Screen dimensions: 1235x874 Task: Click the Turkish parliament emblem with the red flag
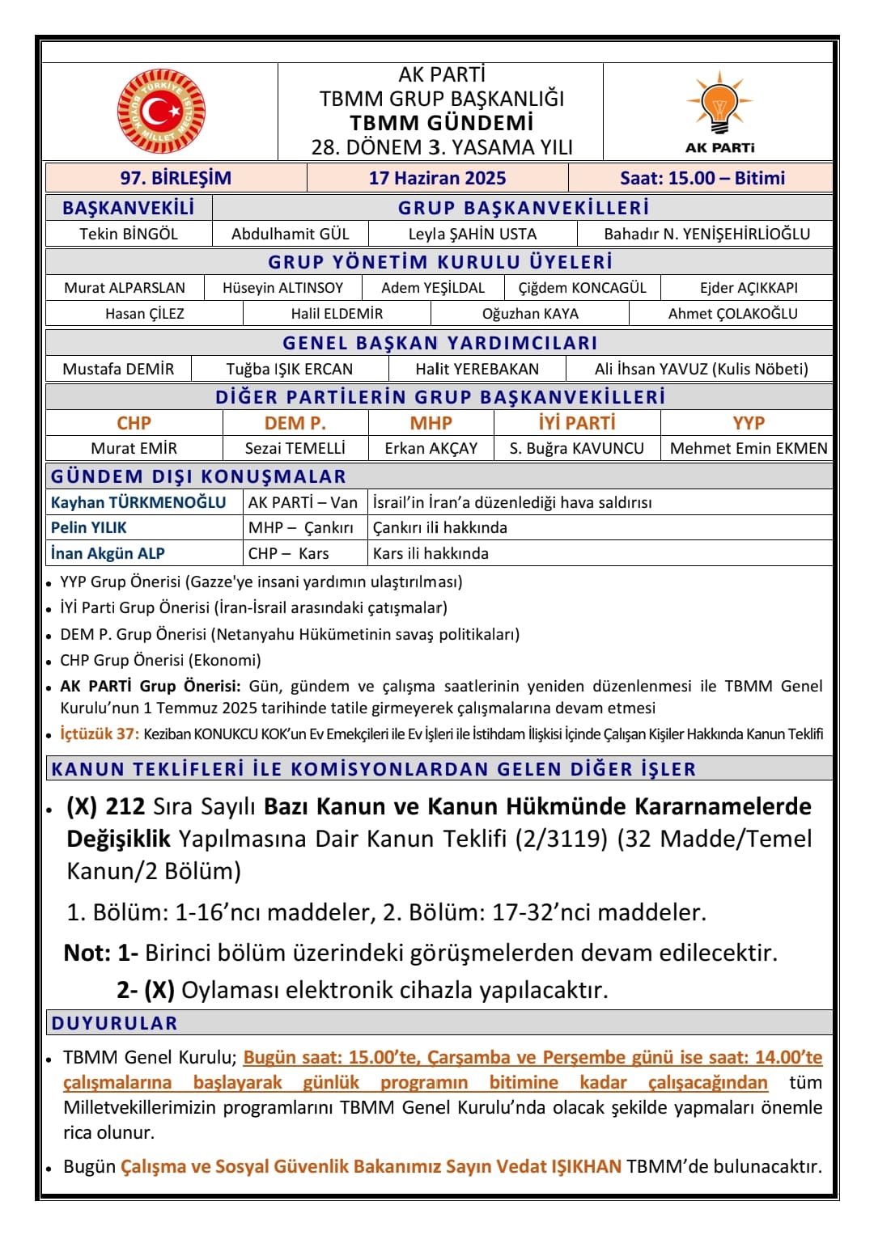pos(161,112)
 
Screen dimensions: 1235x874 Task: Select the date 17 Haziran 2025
pos(437,178)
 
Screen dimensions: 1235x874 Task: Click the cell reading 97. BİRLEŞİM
pos(176,178)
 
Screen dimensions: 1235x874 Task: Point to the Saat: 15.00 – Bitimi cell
pos(702,178)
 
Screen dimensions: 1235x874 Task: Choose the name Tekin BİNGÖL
pos(129,234)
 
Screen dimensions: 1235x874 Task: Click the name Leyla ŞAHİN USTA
pos(473,234)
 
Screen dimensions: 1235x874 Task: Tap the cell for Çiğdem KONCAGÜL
pos(582,288)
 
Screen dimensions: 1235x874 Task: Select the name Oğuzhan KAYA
pos(530,314)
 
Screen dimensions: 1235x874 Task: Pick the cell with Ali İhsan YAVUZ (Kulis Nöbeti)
pos(701,369)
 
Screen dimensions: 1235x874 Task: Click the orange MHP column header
pos(431,423)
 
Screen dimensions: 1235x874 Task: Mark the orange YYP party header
pos(748,423)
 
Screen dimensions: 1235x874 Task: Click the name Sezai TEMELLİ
pos(295,448)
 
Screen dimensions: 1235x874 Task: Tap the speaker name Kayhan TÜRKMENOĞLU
pos(138,502)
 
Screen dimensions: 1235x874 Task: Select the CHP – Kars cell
pos(288,553)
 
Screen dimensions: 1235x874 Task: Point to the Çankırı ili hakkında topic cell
pos(440,527)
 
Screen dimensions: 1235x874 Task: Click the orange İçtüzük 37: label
pos(100,734)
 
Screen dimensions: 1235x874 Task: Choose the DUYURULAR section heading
pos(114,1023)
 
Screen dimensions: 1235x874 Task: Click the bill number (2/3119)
pos(561,839)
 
